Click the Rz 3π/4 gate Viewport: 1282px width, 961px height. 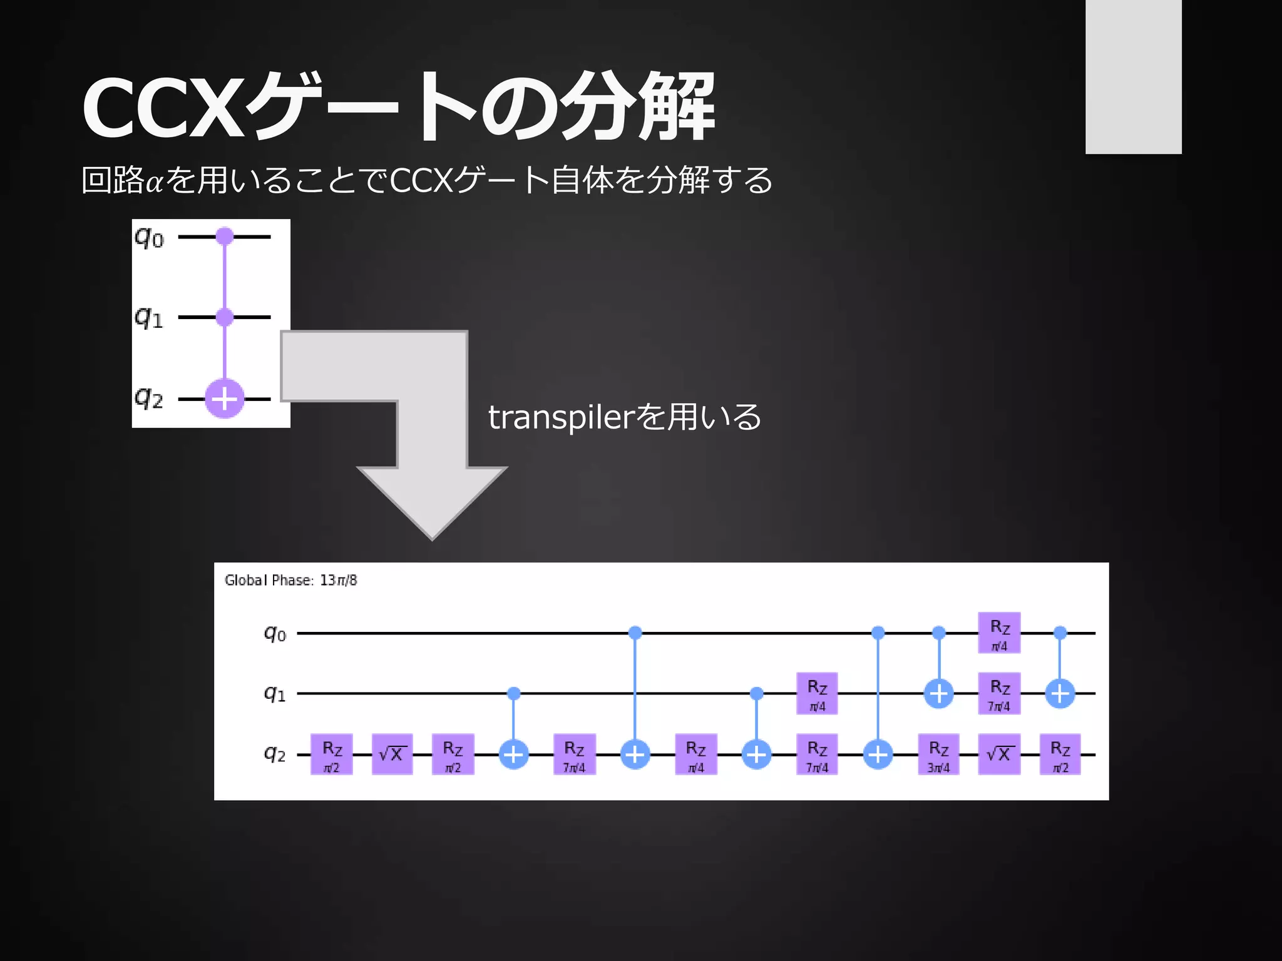click(938, 755)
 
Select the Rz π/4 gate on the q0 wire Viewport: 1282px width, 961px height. click(999, 633)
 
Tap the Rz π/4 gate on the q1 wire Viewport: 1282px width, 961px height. click(817, 693)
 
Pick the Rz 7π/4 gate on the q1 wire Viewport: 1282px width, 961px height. click(999, 693)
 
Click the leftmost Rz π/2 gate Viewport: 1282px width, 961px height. click(332, 755)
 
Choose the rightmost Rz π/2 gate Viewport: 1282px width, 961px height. click(1060, 755)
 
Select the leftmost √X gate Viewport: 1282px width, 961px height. click(392, 755)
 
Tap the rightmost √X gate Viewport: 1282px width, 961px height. click(999, 755)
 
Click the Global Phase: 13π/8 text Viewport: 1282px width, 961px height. click(290, 581)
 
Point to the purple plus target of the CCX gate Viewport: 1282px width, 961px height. click(225, 399)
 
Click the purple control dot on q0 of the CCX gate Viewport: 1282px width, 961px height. click(225, 236)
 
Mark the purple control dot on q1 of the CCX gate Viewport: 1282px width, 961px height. click(225, 317)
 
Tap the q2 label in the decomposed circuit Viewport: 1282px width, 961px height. click(275, 754)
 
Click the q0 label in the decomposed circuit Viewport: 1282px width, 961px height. click(275, 634)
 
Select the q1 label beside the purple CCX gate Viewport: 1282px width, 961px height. click(149, 318)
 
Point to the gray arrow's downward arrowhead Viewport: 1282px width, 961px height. click(432, 501)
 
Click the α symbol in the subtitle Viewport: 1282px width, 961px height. click(155, 182)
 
